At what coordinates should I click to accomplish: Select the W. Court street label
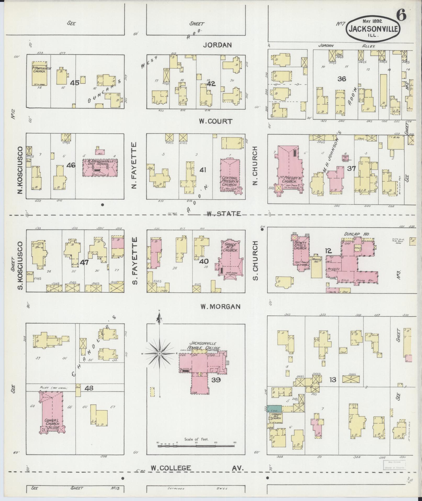pyautogui.click(x=215, y=121)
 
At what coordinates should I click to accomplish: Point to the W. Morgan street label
pyautogui.click(x=220, y=306)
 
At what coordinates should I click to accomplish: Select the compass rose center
pyautogui.click(x=159, y=354)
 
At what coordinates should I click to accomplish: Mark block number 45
pyautogui.click(x=75, y=83)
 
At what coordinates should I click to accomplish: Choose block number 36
pyautogui.click(x=342, y=79)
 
